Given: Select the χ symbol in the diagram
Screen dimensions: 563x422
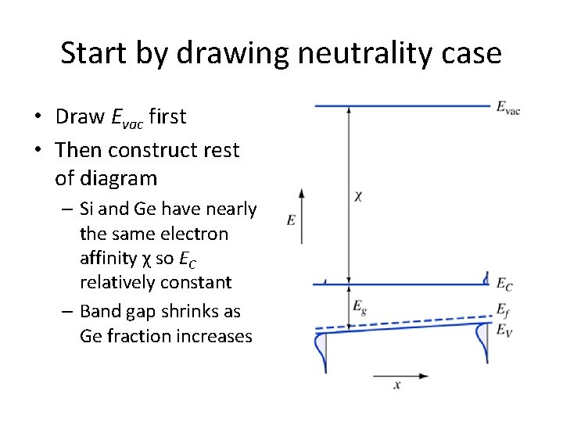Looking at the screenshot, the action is pyautogui.click(x=357, y=196).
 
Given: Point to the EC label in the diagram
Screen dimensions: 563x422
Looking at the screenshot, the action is pyautogui.click(x=504, y=285).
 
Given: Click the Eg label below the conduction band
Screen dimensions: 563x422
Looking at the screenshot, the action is pyautogui.click(x=360, y=306).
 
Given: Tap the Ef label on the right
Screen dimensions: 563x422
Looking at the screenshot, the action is pyautogui.click(x=504, y=310).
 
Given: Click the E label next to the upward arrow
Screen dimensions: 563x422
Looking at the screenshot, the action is pyautogui.click(x=291, y=220).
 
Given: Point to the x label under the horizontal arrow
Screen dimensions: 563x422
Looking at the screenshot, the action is pyautogui.click(x=397, y=384).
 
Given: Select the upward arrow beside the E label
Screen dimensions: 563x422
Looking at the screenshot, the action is pyautogui.click(x=302, y=215).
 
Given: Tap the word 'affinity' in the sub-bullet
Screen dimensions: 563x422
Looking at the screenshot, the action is pyautogui.click(x=110, y=258).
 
